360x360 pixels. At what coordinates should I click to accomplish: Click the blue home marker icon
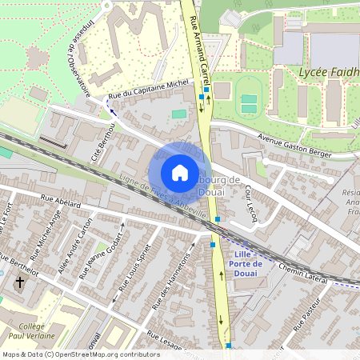(180, 172)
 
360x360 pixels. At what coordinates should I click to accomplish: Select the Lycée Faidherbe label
(328, 73)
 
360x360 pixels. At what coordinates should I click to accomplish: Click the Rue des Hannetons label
(172, 284)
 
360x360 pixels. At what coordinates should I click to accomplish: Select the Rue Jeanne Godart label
(99, 257)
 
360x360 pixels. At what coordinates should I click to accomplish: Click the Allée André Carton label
(70, 248)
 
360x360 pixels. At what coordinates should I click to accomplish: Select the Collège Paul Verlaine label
(31, 331)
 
